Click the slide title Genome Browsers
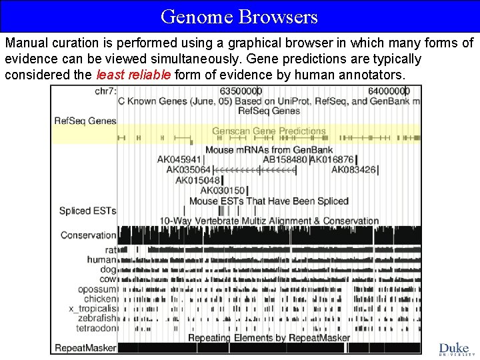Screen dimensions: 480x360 pyautogui.click(x=239, y=16)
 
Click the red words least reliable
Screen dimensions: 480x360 pyautogui.click(x=134, y=75)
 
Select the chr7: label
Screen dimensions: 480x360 pyautogui.click(x=105, y=91)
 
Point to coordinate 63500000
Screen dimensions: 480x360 pyautogui.click(x=241, y=91)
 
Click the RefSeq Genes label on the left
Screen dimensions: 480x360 pyautogui.click(x=85, y=121)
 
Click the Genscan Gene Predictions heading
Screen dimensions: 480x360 pyautogui.click(x=269, y=131)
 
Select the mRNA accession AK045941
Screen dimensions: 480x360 pyautogui.click(x=179, y=160)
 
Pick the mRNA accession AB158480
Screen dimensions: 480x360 pyautogui.click(x=285, y=160)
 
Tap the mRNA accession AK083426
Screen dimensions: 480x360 pyautogui.click(x=353, y=170)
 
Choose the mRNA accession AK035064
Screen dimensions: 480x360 pyautogui.click(x=188, y=170)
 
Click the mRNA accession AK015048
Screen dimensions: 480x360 pyautogui.click(x=197, y=180)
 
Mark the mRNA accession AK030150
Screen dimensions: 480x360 pyautogui.click(x=222, y=191)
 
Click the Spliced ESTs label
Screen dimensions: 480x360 pyautogui.click(x=87, y=211)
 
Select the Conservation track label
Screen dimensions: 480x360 pyautogui.click(x=88, y=235)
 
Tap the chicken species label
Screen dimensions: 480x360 pyautogui.click(x=101, y=299)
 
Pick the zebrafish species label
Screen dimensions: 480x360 pyautogui.click(x=99, y=319)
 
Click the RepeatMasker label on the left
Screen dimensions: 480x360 pyautogui.click(x=85, y=347)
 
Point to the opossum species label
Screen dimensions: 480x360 pyautogui.click(x=97, y=289)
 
